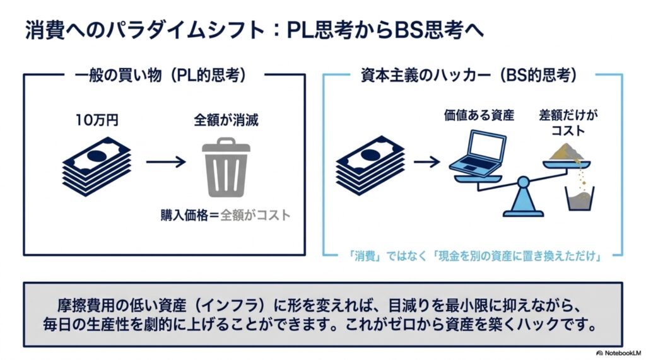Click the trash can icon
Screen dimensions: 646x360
pos(226,168)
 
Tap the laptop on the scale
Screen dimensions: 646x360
pos(478,151)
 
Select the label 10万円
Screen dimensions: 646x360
pos(97,120)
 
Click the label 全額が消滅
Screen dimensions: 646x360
pos(226,120)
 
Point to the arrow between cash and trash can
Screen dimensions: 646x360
pos(166,162)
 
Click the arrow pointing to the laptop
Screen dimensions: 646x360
pos(427,161)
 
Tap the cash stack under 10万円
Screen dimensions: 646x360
pos(97,166)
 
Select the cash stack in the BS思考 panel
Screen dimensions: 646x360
pos(370,166)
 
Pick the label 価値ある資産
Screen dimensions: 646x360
pos(479,115)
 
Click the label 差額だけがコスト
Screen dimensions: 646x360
pos(568,123)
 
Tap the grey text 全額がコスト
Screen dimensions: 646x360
pos(255,215)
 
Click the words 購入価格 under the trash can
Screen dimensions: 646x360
pos(184,215)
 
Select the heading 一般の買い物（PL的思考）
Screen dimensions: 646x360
pos(161,76)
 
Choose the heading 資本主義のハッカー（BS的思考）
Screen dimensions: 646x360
pos(469,76)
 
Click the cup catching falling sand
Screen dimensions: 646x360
pos(580,199)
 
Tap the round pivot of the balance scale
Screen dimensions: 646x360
pos(523,182)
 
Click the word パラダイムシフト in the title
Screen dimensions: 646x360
pos(185,30)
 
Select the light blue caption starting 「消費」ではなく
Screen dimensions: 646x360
pos(474,256)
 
